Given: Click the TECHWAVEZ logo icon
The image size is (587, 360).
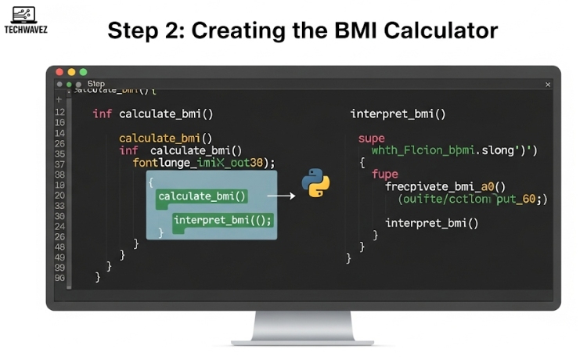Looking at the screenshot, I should coord(23,14).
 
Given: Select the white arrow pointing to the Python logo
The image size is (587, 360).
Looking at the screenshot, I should coord(282,196).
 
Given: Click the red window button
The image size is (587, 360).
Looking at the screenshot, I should coord(59,72).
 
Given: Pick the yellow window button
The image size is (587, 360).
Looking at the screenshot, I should coord(71,72).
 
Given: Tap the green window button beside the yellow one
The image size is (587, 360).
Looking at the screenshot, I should coord(83,72).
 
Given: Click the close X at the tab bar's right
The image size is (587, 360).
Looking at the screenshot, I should coord(548,85).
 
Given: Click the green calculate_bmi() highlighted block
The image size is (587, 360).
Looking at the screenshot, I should coord(202,196).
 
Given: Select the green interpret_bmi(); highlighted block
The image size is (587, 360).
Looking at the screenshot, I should coord(223,220).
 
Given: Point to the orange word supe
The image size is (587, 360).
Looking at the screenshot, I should coord(372,139).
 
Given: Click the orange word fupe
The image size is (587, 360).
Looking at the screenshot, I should coord(385,175).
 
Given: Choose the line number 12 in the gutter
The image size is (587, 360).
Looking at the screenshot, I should coord(59,113).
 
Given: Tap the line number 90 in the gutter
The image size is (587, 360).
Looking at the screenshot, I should coord(59,278).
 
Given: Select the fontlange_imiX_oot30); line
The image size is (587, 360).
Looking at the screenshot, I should coord(204,163).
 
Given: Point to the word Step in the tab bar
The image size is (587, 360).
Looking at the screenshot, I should coord(96,85).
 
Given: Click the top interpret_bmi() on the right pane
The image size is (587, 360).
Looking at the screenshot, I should coord(398,114).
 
